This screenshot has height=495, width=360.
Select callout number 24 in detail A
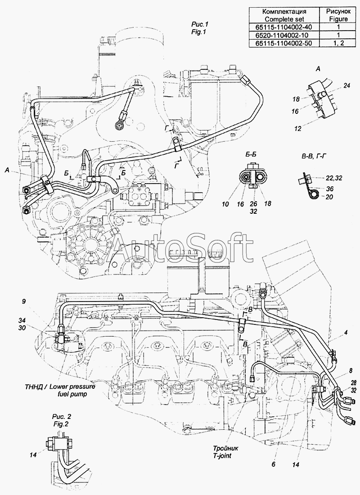[x=346, y=85]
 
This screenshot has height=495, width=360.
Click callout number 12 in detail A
[x=298, y=129]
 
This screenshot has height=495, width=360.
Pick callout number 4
[x=346, y=333]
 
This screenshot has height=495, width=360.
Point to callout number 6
[x=274, y=464]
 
